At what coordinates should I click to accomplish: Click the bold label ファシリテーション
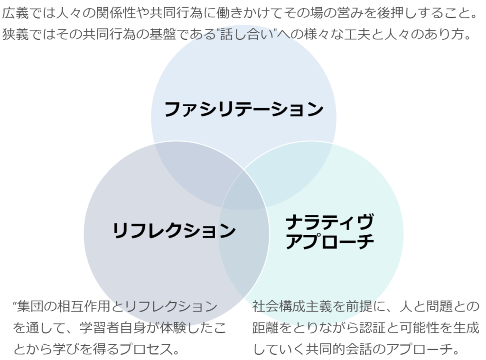click(x=243, y=109)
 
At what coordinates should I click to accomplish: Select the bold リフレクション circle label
click(x=174, y=231)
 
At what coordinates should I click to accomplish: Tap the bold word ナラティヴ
click(x=329, y=222)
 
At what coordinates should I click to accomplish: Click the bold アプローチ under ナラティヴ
click(x=329, y=241)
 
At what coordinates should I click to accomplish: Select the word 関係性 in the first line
click(x=116, y=13)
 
